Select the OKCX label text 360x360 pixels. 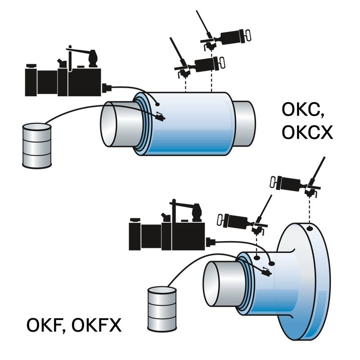coord(307,132)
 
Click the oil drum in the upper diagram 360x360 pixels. coord(37,146)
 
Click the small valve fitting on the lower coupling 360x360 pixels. coord(266,272)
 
